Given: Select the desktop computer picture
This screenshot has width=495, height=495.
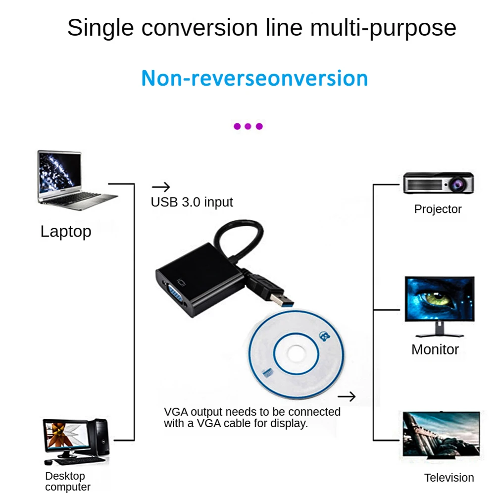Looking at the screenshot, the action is pos(76,442).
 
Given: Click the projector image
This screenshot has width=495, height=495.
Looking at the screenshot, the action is pos(439,183).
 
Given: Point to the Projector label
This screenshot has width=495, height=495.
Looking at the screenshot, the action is pos(438,209).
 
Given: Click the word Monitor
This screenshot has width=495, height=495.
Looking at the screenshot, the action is pos(435,349).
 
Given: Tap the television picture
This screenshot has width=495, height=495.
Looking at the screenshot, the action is pos(441,435).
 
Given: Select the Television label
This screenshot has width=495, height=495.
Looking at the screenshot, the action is pos(449,478).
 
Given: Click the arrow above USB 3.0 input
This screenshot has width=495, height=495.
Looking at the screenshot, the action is pos(161,187).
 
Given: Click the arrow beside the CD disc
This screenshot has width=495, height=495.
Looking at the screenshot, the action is pos(346,396).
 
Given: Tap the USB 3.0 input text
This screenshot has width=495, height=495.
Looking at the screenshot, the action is pos(192,202).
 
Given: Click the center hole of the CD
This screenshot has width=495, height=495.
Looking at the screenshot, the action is pos(296,354).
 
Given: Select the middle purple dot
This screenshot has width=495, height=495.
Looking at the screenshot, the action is pos(248,126).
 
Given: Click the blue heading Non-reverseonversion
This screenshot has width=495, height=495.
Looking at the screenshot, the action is pos(254,78).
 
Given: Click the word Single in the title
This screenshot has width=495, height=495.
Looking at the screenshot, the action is pos(100,28).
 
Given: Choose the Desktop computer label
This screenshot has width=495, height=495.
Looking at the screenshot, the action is pos(67,481).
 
